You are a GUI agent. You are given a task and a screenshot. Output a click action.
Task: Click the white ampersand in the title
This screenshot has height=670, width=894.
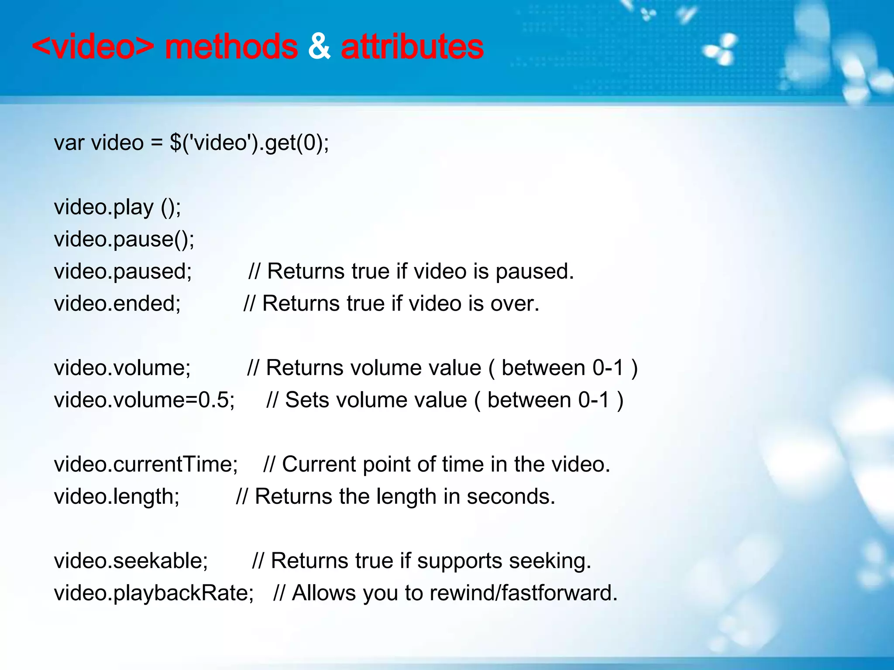pos(319,47)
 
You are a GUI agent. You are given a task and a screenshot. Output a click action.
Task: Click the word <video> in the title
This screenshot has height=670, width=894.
pos(93,47)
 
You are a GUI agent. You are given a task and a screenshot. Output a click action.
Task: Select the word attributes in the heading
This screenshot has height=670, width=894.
pos(412,47)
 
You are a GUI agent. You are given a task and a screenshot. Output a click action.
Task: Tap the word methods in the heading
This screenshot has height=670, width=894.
pos(231,47)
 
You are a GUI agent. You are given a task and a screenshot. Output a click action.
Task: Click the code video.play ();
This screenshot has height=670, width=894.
pos(117,207)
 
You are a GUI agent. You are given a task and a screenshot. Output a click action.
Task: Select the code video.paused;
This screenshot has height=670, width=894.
pos(123,271)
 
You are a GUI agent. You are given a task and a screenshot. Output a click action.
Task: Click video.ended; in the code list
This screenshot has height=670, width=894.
pos(117,304)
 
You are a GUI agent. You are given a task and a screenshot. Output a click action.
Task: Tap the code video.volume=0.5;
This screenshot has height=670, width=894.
pos(144,400)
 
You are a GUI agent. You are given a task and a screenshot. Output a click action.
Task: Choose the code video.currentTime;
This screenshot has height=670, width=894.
pos(146,464)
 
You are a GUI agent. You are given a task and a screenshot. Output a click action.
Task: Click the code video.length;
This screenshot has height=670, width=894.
pos(117,496)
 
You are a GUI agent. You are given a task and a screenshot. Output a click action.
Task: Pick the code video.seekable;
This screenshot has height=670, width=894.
pos(131,561)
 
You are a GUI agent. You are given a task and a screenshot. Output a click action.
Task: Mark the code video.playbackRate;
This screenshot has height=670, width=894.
pos(154,593)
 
